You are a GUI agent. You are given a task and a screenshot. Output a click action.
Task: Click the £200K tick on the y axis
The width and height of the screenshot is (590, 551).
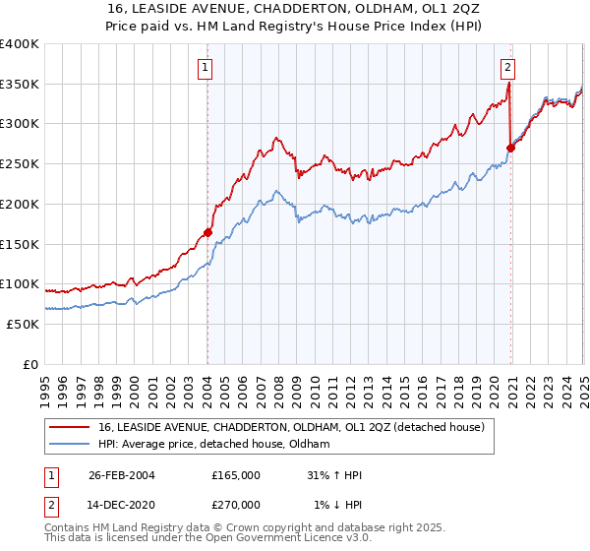(20, 204)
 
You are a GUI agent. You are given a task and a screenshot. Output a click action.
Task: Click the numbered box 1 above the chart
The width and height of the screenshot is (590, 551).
(206, 68)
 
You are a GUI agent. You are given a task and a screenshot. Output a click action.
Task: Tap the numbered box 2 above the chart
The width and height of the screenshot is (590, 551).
(507, 68)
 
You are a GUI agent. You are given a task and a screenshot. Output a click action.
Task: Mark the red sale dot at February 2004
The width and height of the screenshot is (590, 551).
(207, 233)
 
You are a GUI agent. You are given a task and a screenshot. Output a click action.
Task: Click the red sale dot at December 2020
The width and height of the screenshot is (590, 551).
(510, 149)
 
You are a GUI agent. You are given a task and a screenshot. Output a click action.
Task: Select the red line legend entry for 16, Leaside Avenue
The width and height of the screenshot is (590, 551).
(291, 428)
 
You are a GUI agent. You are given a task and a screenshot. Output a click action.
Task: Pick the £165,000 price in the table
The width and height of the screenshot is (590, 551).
(236, 475)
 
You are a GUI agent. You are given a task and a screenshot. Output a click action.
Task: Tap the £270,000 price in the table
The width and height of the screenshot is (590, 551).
(236, 505)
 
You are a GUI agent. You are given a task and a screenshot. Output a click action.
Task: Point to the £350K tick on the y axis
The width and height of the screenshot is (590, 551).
(20, 84)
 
